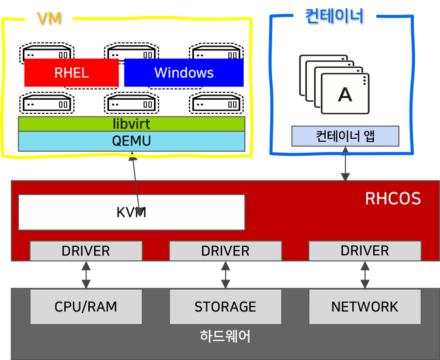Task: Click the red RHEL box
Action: [x=71, y=73]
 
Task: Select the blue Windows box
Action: [x=184, y=73]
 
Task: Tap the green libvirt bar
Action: [x=131, y=124]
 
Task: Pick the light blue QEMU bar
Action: [x=131, y=141]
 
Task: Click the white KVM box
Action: [x=86, y=212]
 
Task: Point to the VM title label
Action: [x=49, y=18]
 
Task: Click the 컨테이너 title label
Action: [x=334, y=16]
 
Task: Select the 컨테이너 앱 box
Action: [x=345, y=136]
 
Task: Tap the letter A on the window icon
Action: [x=345, y=95]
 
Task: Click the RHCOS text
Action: [x=393, y=198]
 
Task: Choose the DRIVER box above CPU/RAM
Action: [x=86, y=251]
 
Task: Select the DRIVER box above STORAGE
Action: [x=225, y=251]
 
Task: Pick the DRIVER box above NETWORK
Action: [x=365, y=251]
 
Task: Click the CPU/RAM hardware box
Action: [x=86, y=307]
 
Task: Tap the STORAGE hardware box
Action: [x=225, y=307]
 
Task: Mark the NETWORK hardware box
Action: [x=365, y=307]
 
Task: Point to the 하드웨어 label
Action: [x=225, y=336]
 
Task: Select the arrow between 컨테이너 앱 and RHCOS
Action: [x=345, y=164]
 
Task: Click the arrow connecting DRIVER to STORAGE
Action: [x=225, y=275]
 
